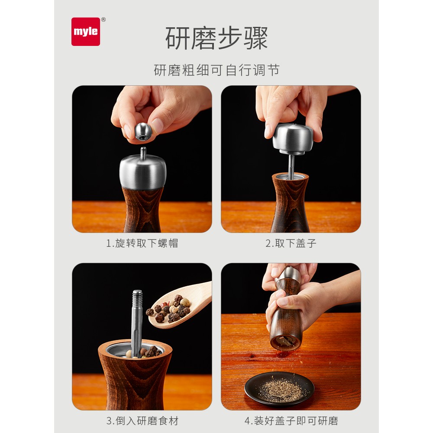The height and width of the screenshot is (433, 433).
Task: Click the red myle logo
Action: tap(86, 32)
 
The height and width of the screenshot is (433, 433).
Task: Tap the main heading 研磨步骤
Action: tap(216, 38)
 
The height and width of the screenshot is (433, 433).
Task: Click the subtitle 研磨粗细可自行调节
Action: tap(216, 70)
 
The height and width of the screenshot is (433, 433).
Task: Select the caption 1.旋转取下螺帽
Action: tap(142, 243)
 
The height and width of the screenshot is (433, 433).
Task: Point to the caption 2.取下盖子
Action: tap(291, 243)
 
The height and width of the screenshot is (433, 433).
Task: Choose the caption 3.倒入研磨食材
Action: tap(142, 421)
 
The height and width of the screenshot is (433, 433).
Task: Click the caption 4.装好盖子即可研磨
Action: tap(291, 421)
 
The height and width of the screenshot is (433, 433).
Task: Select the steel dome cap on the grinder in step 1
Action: tap(143, 172)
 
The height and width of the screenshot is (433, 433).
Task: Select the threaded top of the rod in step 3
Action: tap(137, 299)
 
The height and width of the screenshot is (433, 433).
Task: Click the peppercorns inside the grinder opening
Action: tap(144, 352)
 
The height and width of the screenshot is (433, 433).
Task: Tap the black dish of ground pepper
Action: tap(279, 388)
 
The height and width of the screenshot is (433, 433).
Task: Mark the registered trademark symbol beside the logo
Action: tap(103, 19)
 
